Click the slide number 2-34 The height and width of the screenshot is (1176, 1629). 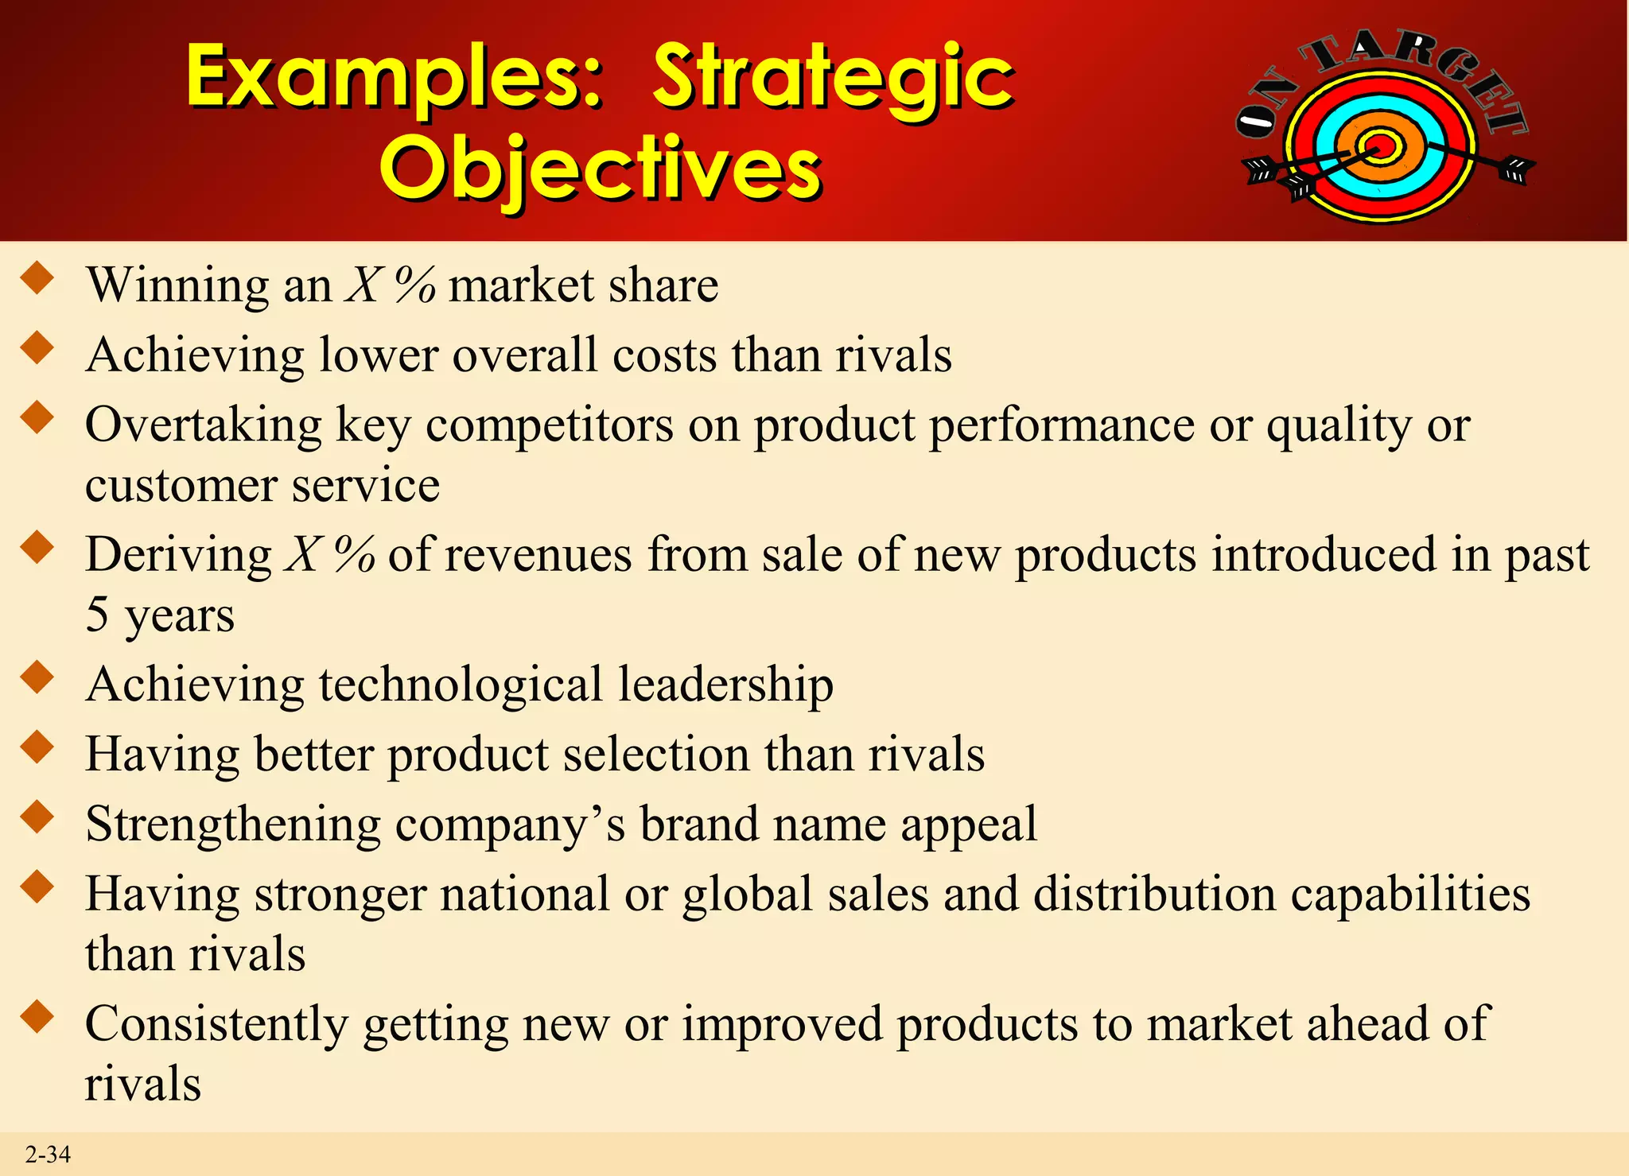[x=48, y=1154]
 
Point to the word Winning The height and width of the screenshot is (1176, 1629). [x=177, y=285]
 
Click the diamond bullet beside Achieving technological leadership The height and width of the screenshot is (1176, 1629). [x=37, y=678]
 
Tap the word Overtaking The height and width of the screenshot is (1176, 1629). [x=203, y=425]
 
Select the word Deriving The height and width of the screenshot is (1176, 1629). [x=178, y=554]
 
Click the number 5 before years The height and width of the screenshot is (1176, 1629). [x=97, y=615]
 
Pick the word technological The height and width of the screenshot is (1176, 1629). [x=461, y=685]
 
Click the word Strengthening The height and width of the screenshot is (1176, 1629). [x=233, y=825]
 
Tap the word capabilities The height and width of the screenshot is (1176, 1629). [x=1409, y=895]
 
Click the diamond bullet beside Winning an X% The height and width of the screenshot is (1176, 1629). [x=37, y=279]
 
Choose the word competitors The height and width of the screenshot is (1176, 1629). [x=550, y=425]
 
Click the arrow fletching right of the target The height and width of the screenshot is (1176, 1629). [x=1516, y=169]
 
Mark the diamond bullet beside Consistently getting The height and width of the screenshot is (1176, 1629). [x=37, y=1017]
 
